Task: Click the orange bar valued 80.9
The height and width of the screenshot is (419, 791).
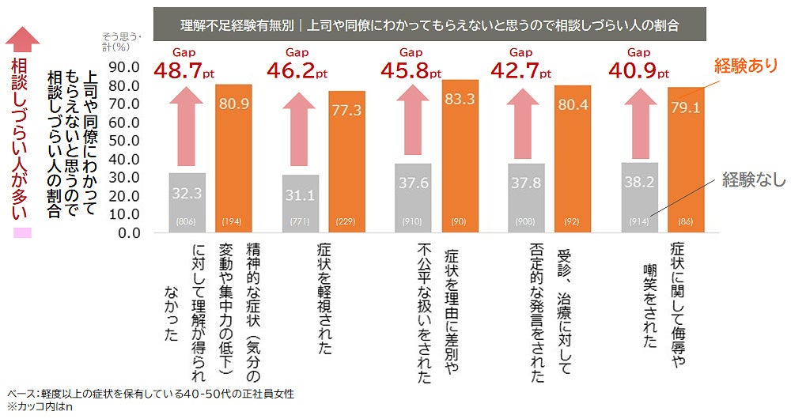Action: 233,158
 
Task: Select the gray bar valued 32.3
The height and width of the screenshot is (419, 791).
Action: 187,202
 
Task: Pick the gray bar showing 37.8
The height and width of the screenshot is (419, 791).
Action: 526,198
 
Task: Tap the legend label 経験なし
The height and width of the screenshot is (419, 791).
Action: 753,180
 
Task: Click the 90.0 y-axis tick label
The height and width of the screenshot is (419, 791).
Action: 124,66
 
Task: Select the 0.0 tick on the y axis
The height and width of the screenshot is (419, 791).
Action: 128,233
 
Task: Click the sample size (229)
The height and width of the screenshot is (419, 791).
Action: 346,221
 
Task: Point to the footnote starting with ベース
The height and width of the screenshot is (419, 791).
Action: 150,394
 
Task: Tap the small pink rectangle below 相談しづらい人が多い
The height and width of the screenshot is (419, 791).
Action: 22,233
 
